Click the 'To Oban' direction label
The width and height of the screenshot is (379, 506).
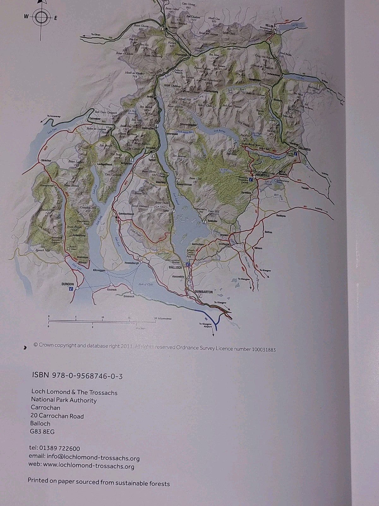point(90,35)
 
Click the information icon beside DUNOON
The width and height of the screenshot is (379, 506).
point(71,289)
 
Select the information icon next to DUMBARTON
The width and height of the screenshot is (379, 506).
point(200,296)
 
